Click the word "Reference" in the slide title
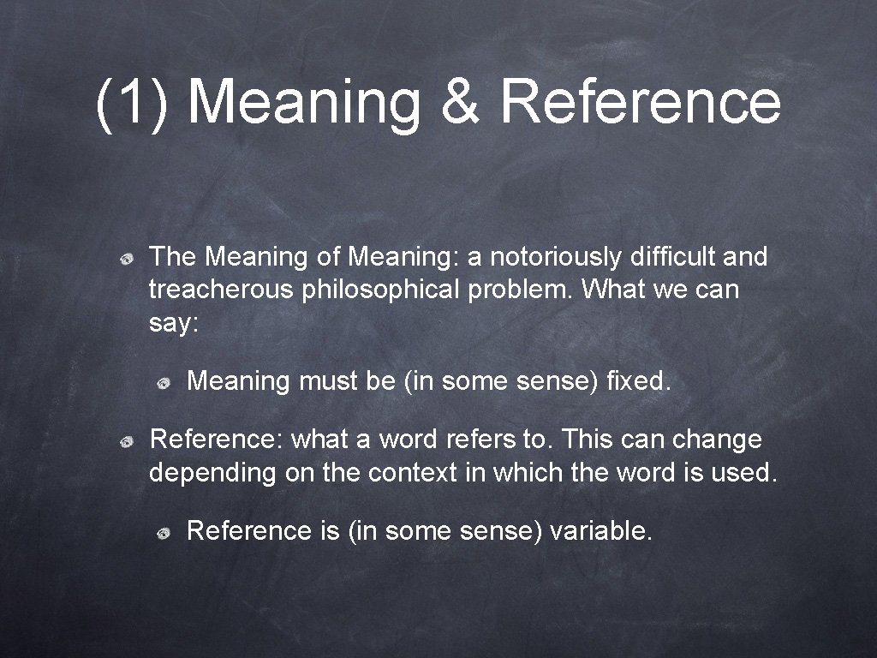pos(641,101)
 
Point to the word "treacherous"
pos(221,290)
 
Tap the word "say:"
pos(174,325)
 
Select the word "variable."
pos(602,531)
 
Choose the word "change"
pos(717,440)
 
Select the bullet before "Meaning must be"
pos(163,382)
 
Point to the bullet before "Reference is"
pos(163,533)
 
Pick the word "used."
pos(744,473)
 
